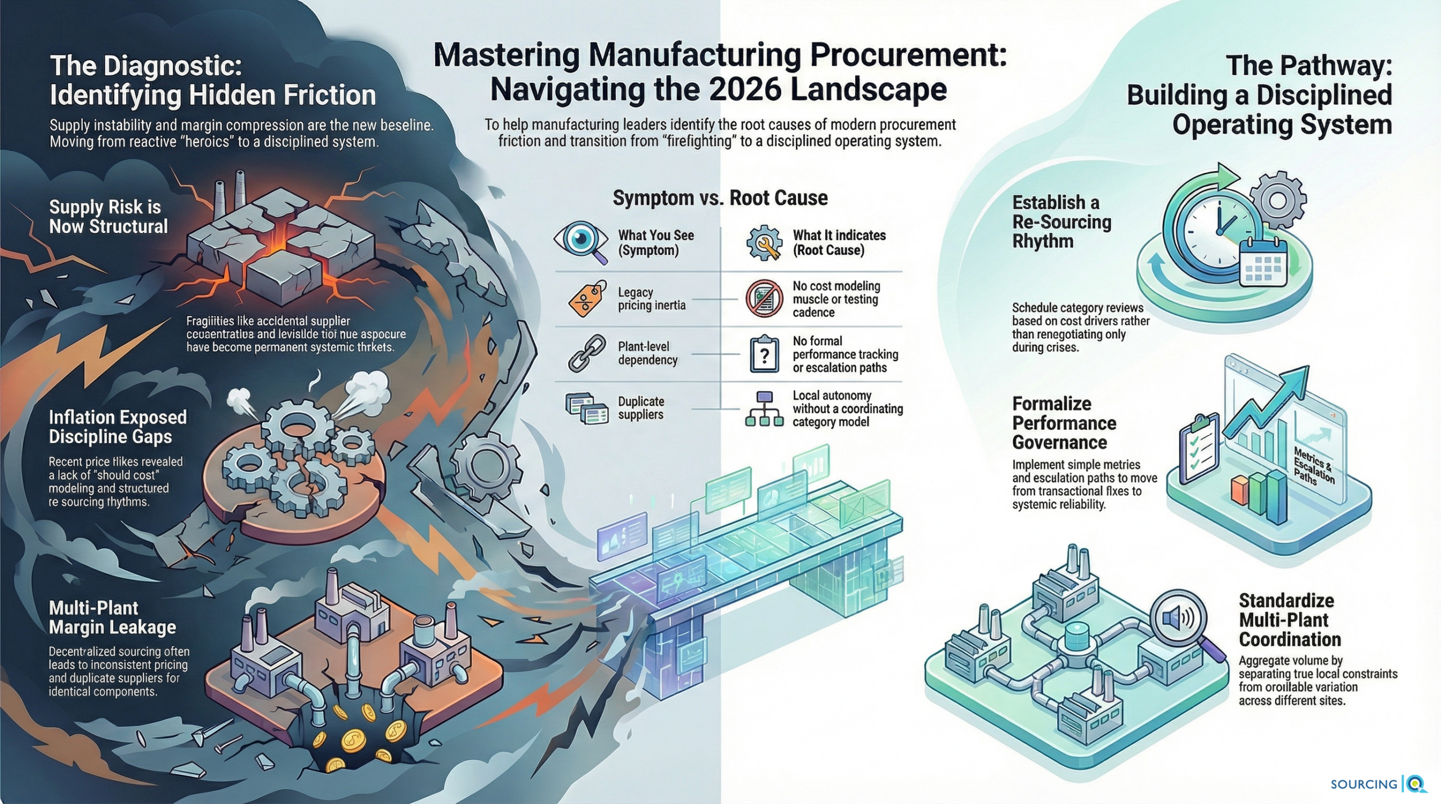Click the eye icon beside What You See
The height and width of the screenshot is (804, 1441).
click(x=581, y=240)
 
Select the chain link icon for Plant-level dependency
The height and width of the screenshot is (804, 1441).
click(x=587, y=353)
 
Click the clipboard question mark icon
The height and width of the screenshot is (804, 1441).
click(x=764, y=354)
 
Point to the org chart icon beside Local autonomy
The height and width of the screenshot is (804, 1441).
click(x=764, y=408)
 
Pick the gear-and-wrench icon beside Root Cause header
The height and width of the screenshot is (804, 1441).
click(x=764, y=242)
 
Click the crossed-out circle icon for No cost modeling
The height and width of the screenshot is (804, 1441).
click(x=764, y=299)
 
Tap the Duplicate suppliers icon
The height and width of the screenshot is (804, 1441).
click(x=587, y=408)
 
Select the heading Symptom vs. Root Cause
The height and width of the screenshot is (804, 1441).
click(x=720, y=198)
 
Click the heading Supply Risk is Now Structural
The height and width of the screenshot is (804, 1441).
click(x=108, y=217)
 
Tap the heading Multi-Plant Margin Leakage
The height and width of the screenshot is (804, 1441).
click(x=112, y=617)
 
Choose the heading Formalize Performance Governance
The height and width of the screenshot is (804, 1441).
click(x=1064, y=423)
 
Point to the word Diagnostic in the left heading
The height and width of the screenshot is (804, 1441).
click(x=172, y=66)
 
